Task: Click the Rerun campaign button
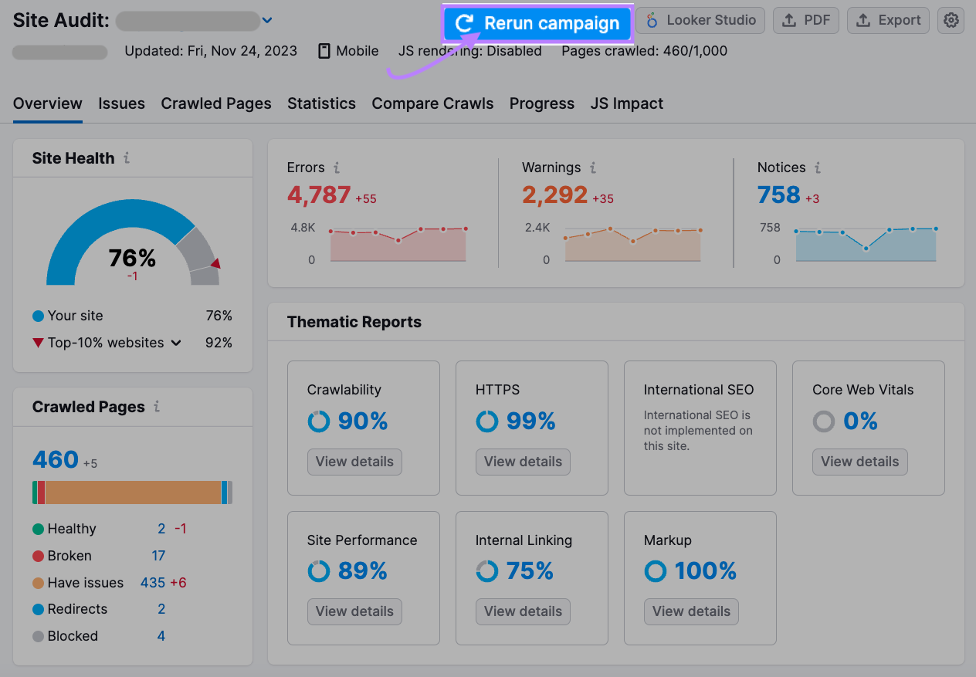[537, 23]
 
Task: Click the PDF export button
[805, 21]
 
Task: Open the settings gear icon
[951, 21]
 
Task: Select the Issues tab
[121, 103]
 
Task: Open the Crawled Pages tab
[216, 103]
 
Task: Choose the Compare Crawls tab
[432, 103]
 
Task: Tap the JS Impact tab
[626, 103]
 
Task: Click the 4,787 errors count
[319, 195]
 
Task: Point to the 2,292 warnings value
[554, 195]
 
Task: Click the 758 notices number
[778, 195]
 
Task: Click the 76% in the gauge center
[132, 258]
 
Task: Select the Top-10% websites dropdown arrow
[176, 343]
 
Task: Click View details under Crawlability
[354, 462]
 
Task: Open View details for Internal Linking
[523, 611]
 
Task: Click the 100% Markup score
[705, 571]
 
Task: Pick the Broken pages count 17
[158, 556]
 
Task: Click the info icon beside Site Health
[127, 158]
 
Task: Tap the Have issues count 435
[153, 583]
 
